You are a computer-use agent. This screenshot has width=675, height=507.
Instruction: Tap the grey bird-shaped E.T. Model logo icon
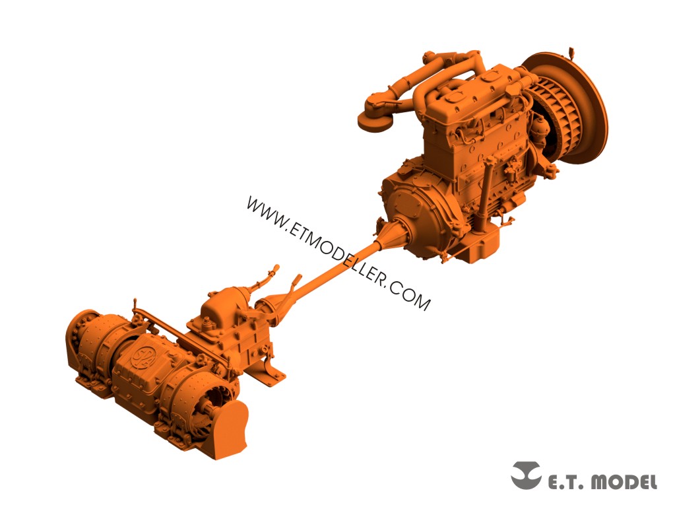tap(526, 475)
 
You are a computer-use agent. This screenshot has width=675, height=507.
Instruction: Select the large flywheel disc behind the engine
tap(577, 104)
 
